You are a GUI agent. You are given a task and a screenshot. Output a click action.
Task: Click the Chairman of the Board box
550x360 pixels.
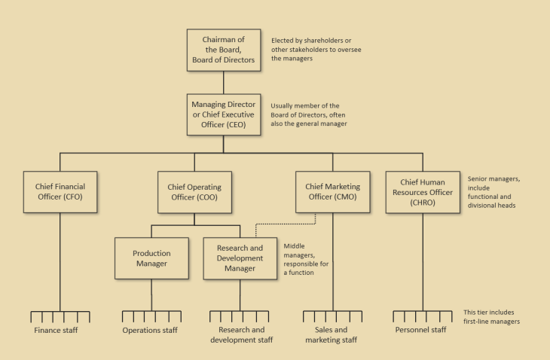[223, 50]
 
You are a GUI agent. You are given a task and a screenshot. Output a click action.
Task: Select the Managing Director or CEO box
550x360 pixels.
[223, 114]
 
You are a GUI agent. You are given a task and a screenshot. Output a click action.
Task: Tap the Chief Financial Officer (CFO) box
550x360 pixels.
[59, 191]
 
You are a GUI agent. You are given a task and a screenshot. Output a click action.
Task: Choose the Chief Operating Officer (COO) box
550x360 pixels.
[194, 191]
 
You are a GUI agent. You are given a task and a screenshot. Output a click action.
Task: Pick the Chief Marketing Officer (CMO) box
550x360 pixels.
[333, 191]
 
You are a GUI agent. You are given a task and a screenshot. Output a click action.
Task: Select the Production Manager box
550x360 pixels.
[151, 258]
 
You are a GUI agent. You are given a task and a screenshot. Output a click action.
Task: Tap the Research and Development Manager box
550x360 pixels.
[240, 258]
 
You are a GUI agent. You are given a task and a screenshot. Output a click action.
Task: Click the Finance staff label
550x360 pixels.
[56, 330]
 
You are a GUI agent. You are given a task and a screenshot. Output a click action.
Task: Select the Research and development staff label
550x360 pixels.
[241, 334]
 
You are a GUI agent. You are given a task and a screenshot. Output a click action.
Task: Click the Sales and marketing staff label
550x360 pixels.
[332, 334]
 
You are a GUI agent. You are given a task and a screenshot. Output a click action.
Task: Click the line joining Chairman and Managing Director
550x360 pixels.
[223, 82]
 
